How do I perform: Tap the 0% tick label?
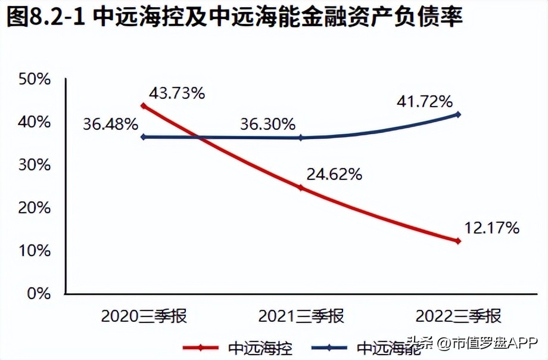coord(37,293)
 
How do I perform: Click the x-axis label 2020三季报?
coord(144,315)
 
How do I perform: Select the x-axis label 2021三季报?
coord(301,315)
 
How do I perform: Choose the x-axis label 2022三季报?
coord(458,315)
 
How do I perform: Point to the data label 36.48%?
coord(111,125)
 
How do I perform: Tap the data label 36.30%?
coord(267,125)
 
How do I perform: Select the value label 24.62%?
coord(334,174)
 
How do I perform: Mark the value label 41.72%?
coord(425,101)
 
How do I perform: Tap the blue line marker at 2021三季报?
coord(301,138)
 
